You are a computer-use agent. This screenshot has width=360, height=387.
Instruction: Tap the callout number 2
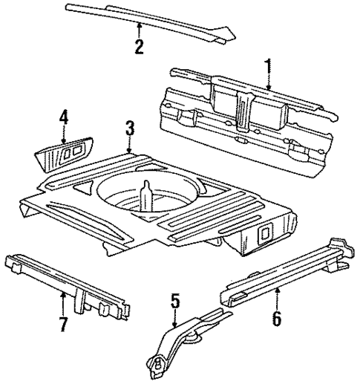(x=138, y=47)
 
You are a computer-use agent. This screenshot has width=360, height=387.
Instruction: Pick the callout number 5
(x=174, y=301)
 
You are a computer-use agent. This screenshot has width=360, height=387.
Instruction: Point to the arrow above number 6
(x=276, y=297)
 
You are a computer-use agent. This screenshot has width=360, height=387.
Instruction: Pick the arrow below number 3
(x=130, y=147)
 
